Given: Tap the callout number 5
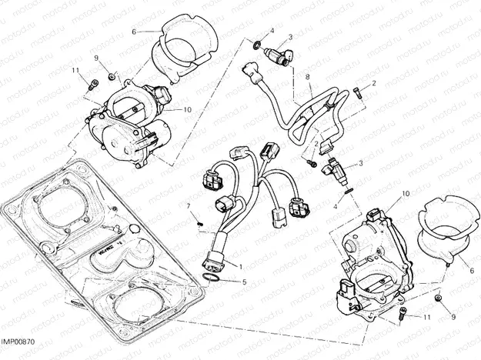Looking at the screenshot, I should (246, 282).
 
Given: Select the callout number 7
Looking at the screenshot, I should (188, 205).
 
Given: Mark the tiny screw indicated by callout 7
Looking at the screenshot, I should (199, 224).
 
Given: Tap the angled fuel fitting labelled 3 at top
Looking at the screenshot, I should (279, 56).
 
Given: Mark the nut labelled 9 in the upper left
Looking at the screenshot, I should (112, 75).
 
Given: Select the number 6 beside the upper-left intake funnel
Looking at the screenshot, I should (133, 32).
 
